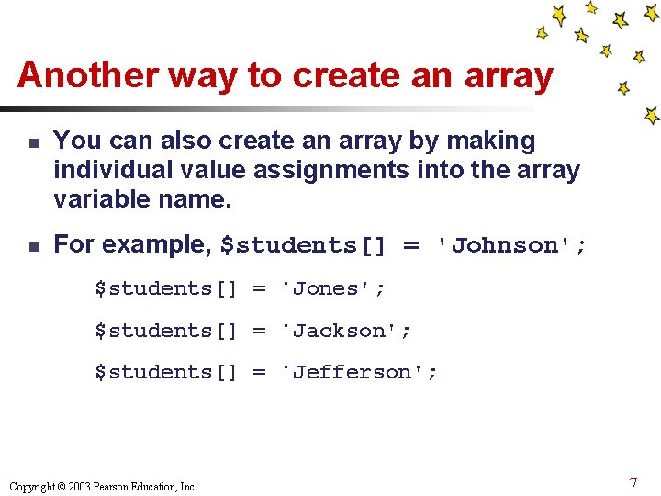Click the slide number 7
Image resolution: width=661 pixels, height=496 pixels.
(x=633, y=482)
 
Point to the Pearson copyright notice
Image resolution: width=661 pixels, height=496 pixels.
(x=102, y=486)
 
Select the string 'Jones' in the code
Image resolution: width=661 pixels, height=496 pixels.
(x=333, y=288)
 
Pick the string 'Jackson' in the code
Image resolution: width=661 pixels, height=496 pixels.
(x=346, y=331)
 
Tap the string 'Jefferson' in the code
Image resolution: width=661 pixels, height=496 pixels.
(x=359, y=372)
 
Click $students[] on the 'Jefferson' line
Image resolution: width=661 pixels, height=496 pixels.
(x=166, y=372)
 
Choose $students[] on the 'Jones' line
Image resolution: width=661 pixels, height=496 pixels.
(x=166, y=288)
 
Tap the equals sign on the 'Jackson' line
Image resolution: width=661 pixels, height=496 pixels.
(x=260, y=331)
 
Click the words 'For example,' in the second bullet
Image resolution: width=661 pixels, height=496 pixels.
(x=133, y=245)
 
